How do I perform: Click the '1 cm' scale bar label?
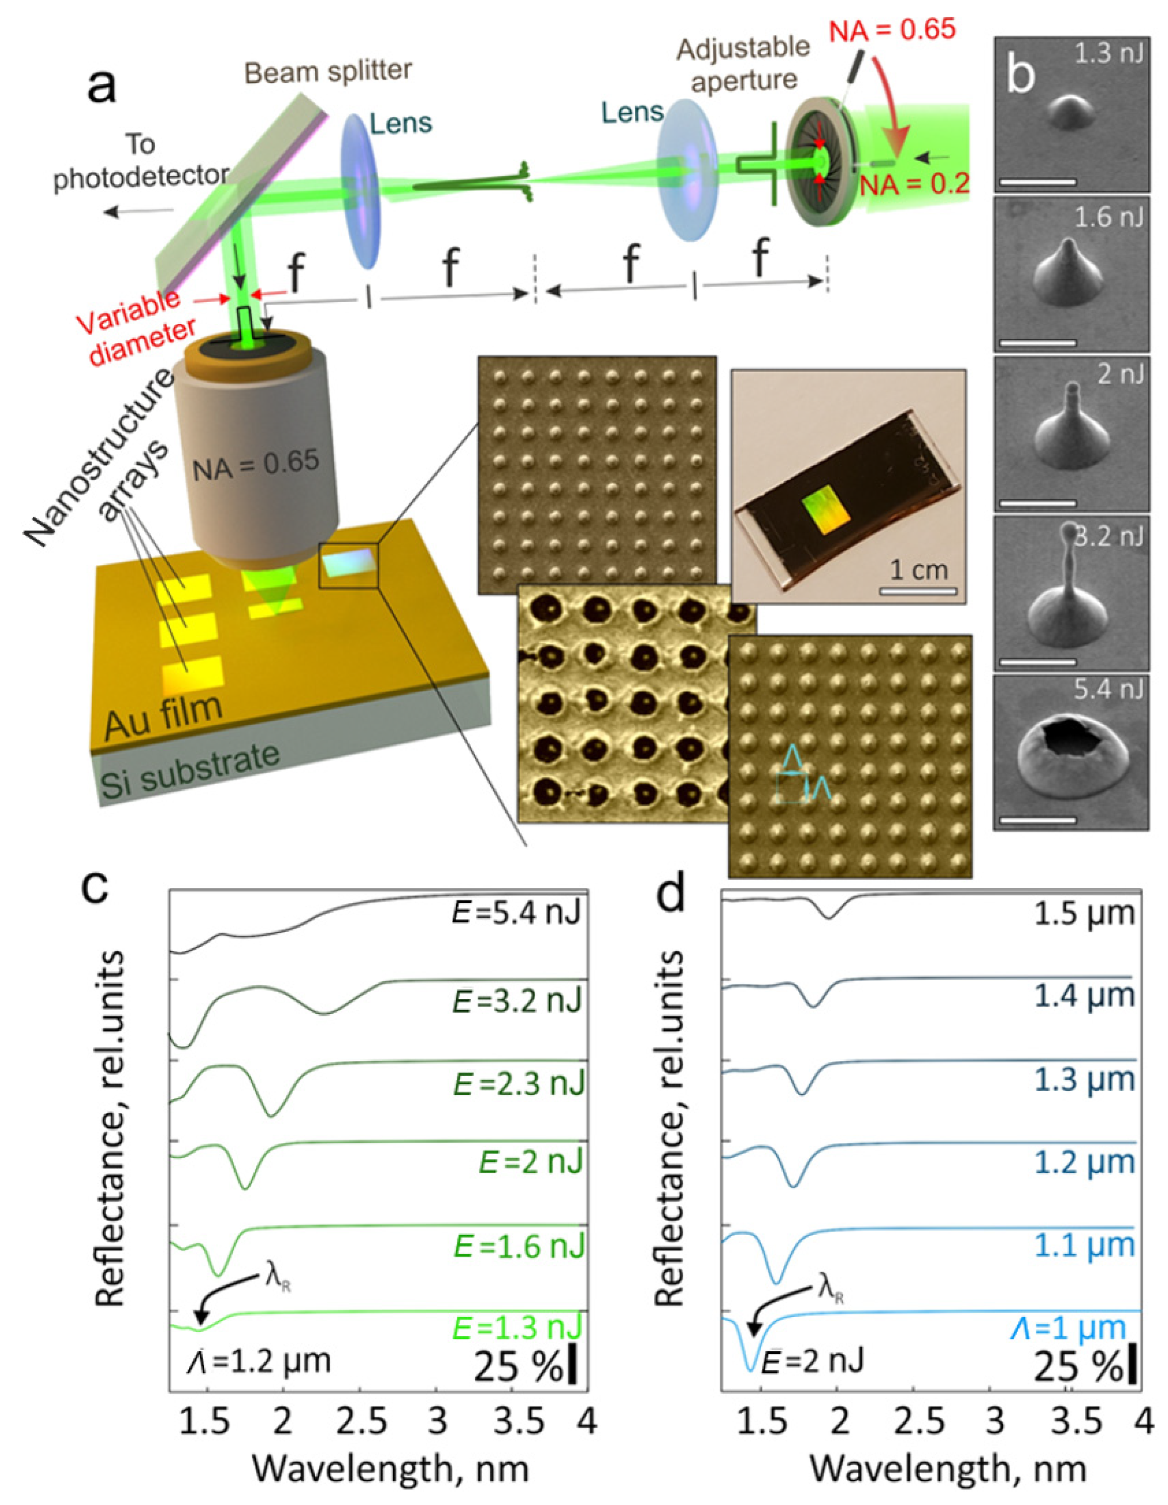point(919,570)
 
